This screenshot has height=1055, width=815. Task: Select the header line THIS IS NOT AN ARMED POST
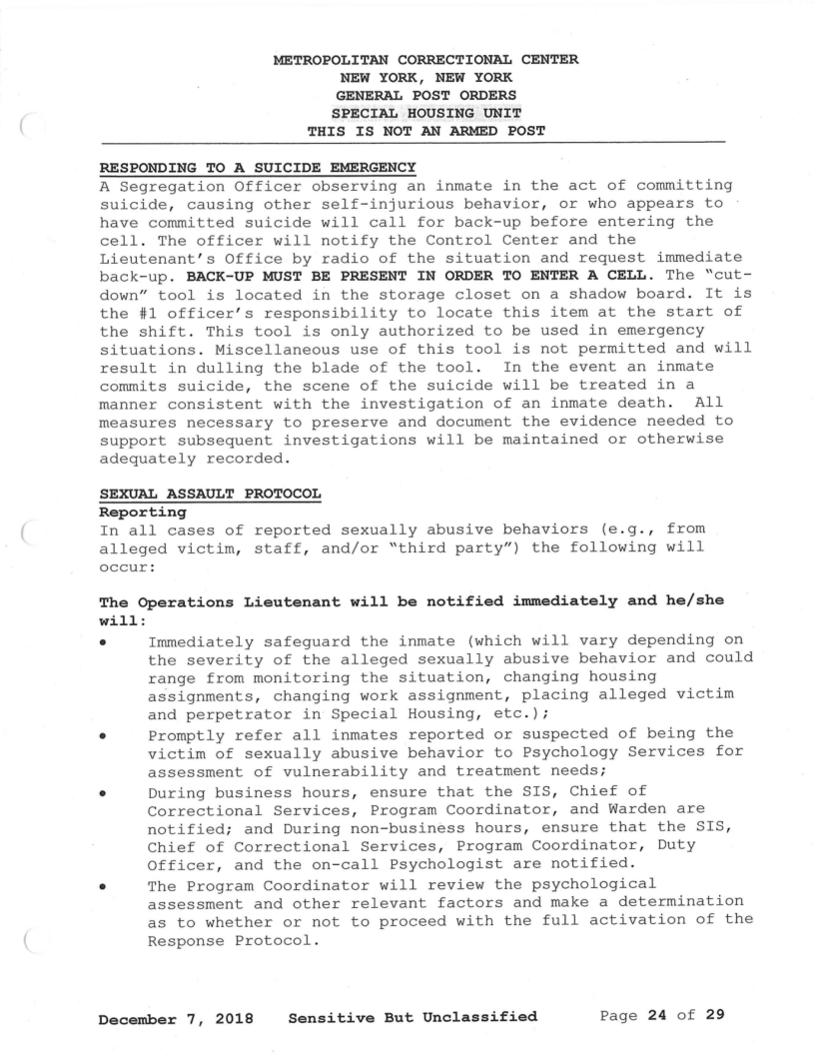(423, 131)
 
